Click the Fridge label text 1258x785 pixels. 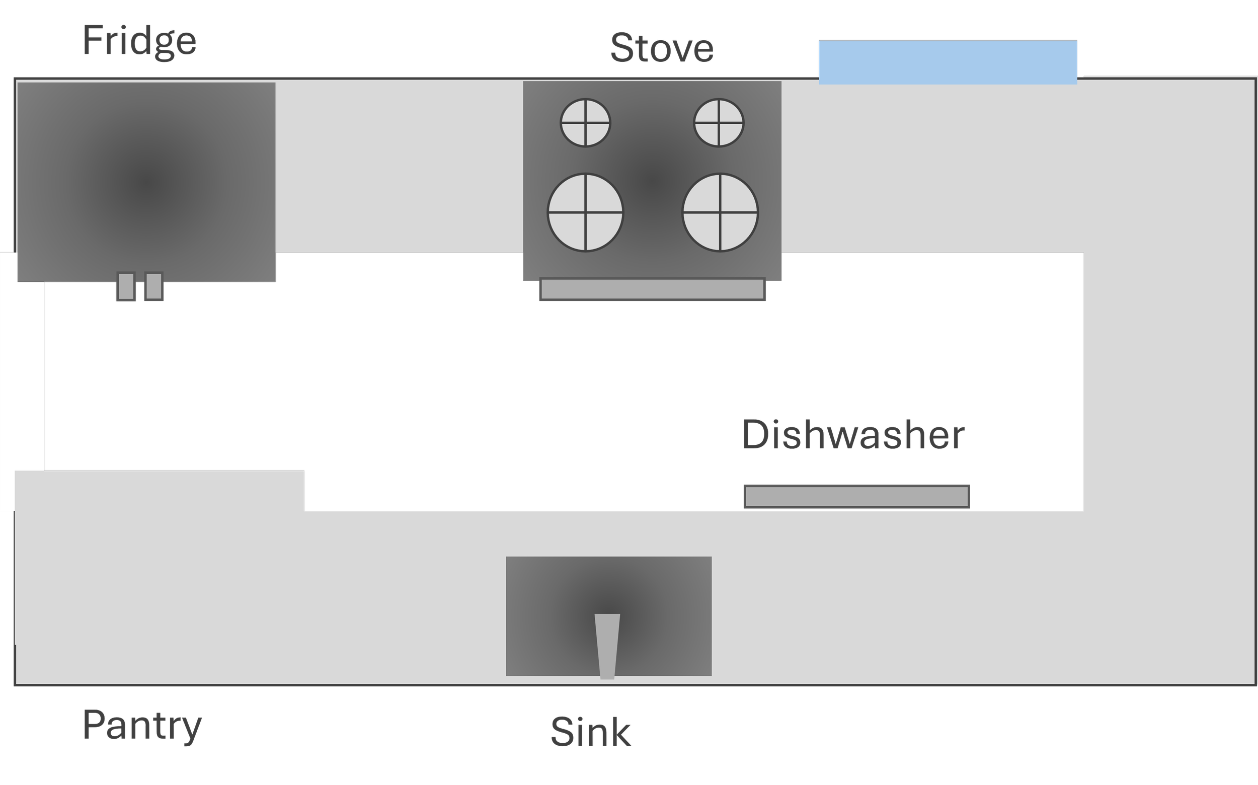[x=139, y=42]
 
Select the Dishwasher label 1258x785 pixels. [x=853, y=435]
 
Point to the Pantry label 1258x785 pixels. [x=141, y=725]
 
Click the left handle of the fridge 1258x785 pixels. [x=126, y=286]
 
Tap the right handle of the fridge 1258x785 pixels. [x=153, y=286]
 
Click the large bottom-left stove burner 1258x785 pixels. [x=585, y=212]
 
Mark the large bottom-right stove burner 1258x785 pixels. [x=720, y=212]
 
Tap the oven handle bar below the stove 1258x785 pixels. [x=652, y=289]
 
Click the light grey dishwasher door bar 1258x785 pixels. [x=856, y=497]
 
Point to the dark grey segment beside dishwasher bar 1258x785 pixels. [x=1026, y=497]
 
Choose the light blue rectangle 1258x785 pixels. [x=948, y=62]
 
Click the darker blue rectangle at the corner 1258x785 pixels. [x=1167, y=58]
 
